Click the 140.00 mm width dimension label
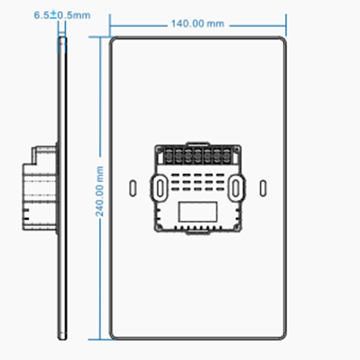[x=198, y=23]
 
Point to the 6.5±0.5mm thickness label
[x=62, y=15]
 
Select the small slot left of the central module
[x=132, y=187]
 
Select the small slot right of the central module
[x=263, y=187]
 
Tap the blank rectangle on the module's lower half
[x=198, y=212]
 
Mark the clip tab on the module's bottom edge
[x=198, y=231]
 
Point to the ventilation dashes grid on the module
[x=198, y=183]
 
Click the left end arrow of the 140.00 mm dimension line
[x=111, y=23]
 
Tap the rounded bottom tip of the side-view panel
[x=62, y=337]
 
